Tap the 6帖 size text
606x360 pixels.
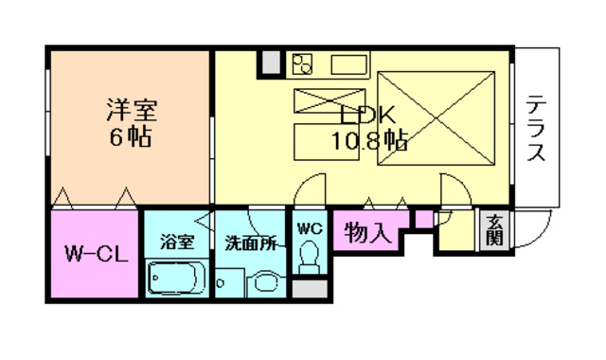[130, 136]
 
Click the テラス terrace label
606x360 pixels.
[536, 129]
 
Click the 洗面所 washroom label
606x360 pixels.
[251, 243]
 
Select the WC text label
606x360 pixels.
[309, 228]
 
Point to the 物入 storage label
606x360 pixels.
[367, 233]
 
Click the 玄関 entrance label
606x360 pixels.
[494, 231]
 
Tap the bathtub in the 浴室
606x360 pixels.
[177, 279]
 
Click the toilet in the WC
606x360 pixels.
[309, 255]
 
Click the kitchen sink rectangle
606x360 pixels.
[348, 65]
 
